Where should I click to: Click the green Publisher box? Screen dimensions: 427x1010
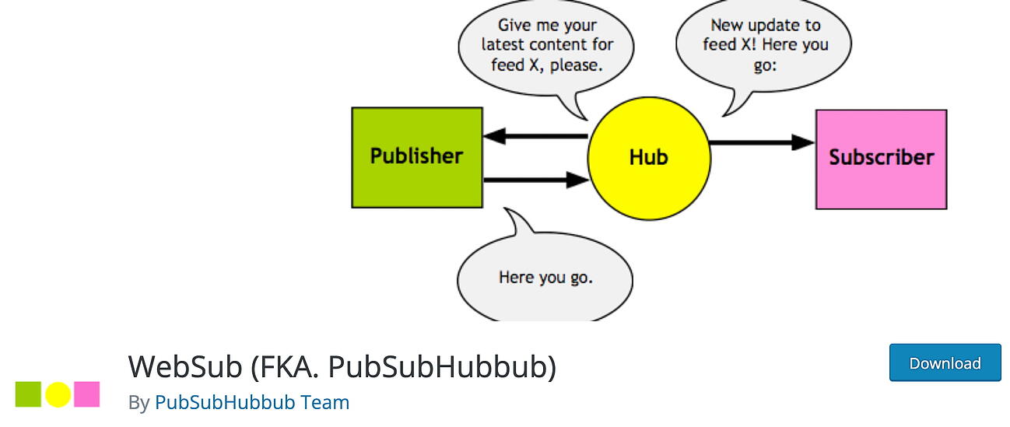click(416, 157)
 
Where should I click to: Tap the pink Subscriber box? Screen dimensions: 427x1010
click(881, 159)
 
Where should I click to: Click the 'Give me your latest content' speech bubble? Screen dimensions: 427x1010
click(546, 45)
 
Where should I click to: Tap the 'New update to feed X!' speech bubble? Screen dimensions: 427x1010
click(764, 45)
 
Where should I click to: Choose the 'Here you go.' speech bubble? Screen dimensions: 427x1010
click(545, 277)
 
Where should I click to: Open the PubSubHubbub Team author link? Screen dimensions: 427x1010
click(252, 402)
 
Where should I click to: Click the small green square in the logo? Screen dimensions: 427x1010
click(28, 394)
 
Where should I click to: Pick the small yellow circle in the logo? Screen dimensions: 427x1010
click(58, 394)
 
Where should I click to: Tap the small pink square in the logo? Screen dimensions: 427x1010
click(86, 394)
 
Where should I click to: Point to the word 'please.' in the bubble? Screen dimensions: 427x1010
click(577, 65)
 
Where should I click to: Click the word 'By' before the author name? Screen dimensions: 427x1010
click(139, 402)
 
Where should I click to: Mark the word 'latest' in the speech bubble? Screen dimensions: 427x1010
click(506, 45)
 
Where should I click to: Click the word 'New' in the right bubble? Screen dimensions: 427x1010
click(727, 26)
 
